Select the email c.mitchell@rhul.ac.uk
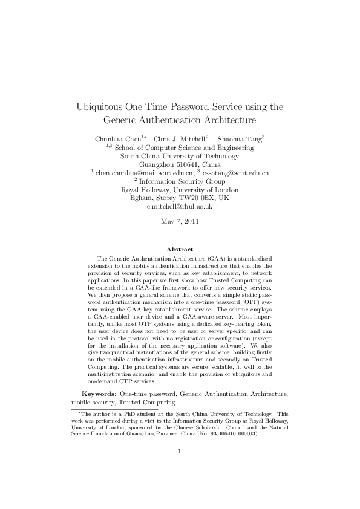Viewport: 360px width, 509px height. coord(180,206)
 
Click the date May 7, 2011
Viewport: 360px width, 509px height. coord(180,221)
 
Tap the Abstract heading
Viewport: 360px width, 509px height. coord(180,249)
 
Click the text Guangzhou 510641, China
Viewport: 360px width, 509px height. coord(180,164)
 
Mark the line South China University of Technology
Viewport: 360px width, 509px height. coord(180,155)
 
